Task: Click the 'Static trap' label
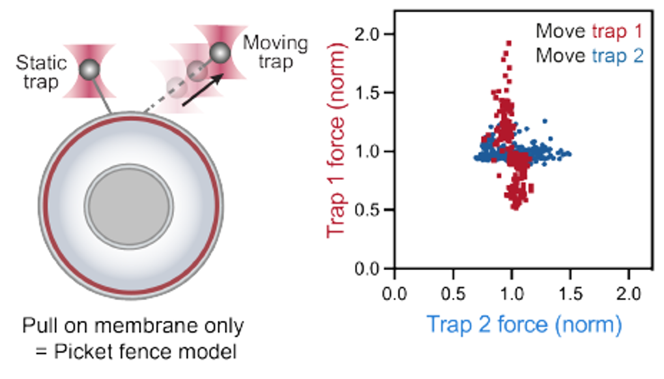[x=41, y=72]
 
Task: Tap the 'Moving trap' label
[x=275, y=53]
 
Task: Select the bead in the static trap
[x=89, y=68]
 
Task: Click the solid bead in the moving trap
[x=220, y=52]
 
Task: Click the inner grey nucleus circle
[x=130, y=202]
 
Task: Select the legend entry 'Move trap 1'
[x=589, y=31]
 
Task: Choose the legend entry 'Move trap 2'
[x=589, y=56]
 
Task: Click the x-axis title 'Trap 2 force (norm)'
[x=524, y=324]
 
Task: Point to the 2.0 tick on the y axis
[x=371, y=34]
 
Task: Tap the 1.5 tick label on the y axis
[x=371, y=93]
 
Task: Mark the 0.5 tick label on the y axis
[x=371, y=210]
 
